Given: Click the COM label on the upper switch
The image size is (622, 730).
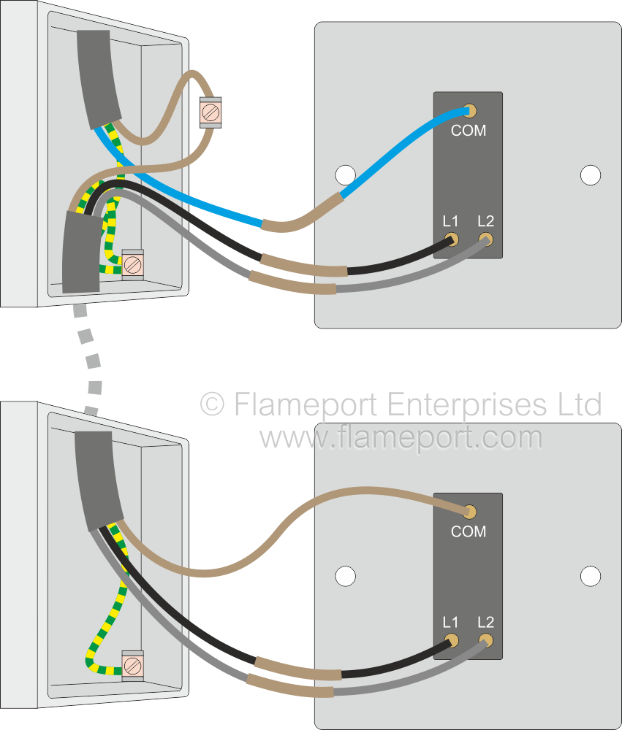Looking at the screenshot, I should click(x=469, y=131).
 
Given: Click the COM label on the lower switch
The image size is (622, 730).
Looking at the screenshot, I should click(x=469, y=531).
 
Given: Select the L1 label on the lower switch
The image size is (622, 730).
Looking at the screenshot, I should click(x=450, y=623).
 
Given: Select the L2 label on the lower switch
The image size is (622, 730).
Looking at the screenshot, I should click(x=485, y=623).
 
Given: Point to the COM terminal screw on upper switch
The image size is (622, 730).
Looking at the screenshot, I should click(x=471, y=111).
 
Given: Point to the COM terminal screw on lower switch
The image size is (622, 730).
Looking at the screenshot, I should click(x=471, y=512).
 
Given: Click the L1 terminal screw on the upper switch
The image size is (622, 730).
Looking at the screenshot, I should click(x=452, y=239).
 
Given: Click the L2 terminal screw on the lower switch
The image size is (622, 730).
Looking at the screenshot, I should click(x=485, y=640).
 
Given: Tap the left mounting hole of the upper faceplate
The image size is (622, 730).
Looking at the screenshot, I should click(x=345, y=175).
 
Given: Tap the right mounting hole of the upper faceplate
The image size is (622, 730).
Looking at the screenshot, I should click(x=590, y=175).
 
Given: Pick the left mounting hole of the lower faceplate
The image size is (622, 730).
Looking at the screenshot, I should click(x=345, y=576).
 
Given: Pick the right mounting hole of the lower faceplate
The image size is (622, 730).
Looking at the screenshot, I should click(x=590, y=576).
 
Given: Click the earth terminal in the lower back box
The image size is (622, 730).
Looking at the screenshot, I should click(x=132, y=664).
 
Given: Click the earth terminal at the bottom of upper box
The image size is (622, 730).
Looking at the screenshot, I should click(x=132, y=263).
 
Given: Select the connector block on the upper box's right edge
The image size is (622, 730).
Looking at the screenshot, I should click(x=211, y=112).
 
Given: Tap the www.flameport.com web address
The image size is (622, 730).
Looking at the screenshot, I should click(x=401, y=438).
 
